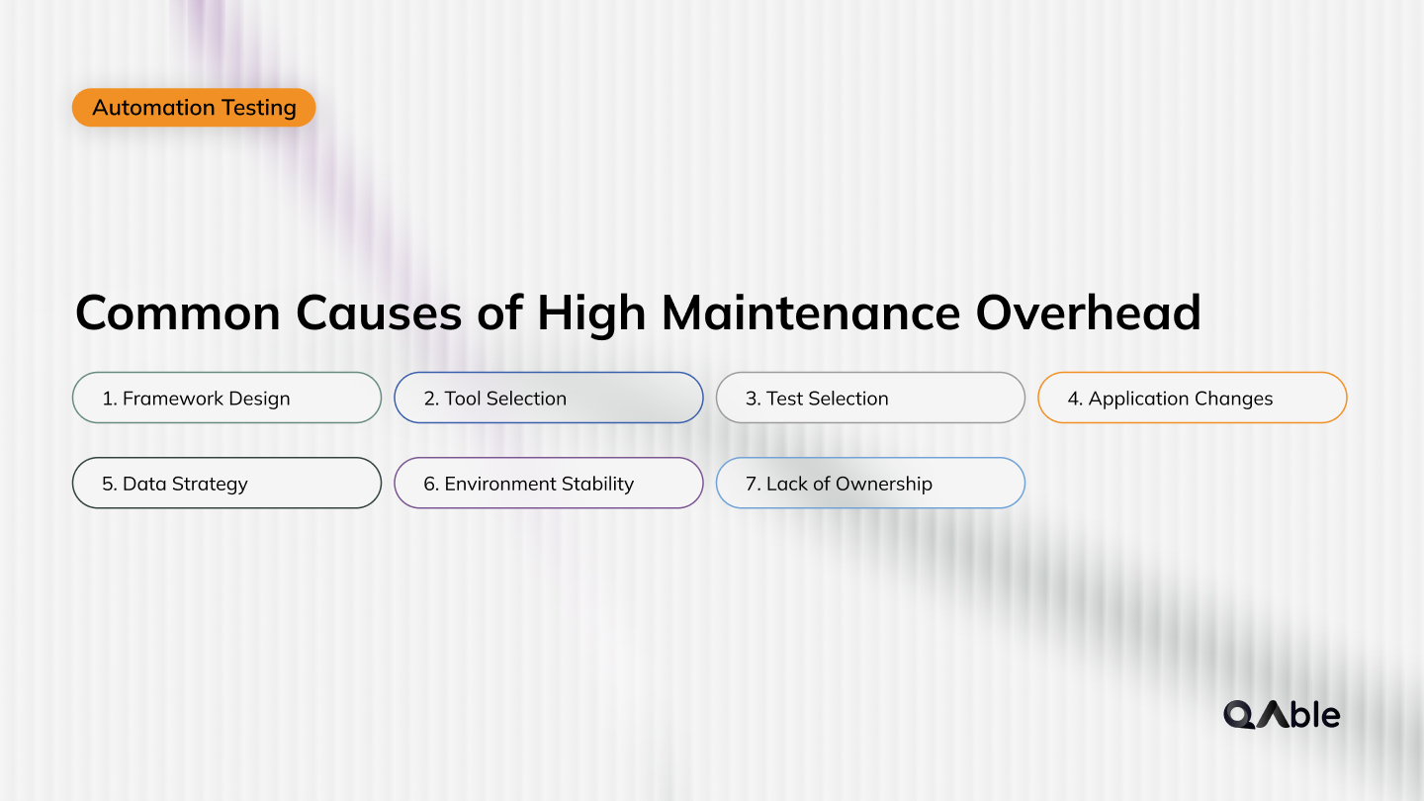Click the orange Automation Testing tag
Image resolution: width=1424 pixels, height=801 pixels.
(194, 108)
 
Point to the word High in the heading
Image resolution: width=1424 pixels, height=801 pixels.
(592, 313)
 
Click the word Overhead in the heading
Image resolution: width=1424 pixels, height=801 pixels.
(1088, 313)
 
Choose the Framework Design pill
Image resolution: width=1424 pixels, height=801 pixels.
(226, 398)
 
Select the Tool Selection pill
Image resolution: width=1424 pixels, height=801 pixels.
(548, 398)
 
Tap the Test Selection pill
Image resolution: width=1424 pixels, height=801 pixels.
(870, 398)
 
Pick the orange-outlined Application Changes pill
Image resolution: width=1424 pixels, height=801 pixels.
(1192, 398)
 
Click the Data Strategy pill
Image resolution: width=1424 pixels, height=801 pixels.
(226, 483)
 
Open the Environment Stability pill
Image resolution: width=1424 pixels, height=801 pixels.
(548, 483)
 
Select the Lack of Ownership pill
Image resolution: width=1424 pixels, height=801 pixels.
(870, 483)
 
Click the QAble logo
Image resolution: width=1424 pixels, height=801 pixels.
(1282, 714)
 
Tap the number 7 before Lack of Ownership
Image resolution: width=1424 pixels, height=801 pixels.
(752, 484)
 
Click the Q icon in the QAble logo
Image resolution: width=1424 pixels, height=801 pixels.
(1239, 715)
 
